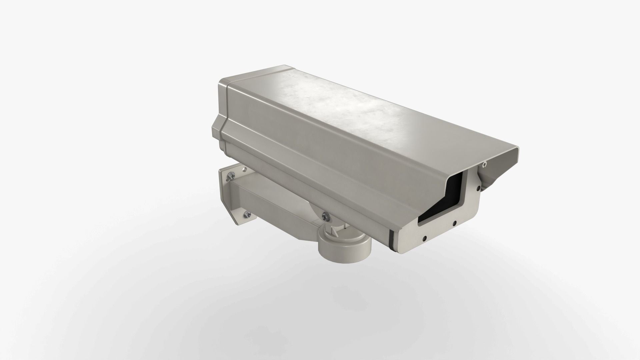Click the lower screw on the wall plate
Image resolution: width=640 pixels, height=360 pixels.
coord(247,214)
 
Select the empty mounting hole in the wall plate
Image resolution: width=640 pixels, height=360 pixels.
coord(245,170)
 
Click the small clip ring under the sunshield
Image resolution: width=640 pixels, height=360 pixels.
coord(484,164)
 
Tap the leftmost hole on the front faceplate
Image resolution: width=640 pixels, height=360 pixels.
coord(424,238)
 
